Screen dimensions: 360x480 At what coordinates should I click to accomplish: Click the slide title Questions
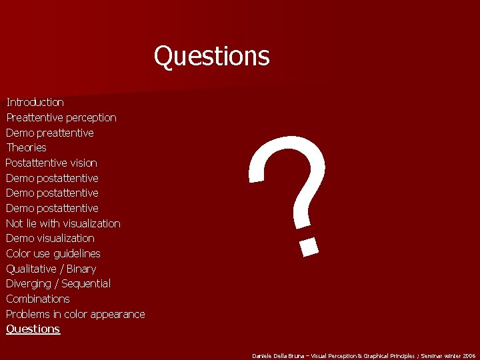click(211, 56)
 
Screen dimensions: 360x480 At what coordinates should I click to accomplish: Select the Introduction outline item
click(35, 102)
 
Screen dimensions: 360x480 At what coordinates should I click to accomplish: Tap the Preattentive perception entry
click(61, 117)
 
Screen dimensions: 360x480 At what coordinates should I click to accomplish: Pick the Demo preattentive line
click(49, 133)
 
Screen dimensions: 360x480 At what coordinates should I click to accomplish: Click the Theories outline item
click(26, 147)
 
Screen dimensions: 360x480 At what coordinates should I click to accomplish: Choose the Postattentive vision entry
click(51, 163)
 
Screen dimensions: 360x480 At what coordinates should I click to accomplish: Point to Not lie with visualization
click(63, 223)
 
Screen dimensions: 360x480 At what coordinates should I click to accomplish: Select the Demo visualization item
click(50, 238)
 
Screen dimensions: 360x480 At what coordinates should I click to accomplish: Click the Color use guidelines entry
click(53, 253)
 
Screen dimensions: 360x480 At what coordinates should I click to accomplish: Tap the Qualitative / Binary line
click(51, 269)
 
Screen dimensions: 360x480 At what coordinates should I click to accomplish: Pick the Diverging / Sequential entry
click(58, 283)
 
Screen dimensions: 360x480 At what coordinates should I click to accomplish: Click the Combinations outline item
click(37, 299)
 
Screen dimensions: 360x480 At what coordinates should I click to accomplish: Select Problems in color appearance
click(75, 314)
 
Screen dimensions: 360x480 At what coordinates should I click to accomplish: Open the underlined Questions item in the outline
click(33, 329)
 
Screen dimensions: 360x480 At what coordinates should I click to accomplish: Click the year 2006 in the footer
click(468, 356)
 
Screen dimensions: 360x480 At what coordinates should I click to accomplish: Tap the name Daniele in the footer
click(261, 356)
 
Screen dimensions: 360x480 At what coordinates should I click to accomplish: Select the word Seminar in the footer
click(435, 356)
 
